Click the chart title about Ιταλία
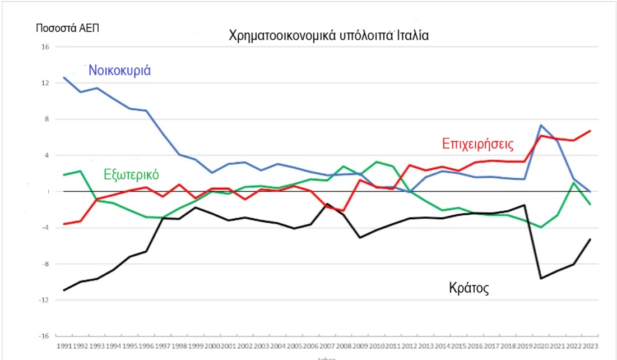click(x=328, y=35)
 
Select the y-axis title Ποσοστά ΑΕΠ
click(x=67, y=28)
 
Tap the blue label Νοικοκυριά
click(x=120, y=71)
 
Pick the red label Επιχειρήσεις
click(x=477, y=143)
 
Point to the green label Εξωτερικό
click(x=132, y=174)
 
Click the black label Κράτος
click(x=469, y=288)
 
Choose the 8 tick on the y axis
click(x=47, y=119)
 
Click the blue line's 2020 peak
click(x=541, y=125)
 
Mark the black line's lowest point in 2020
click(x=541, y=278)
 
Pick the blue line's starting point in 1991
click(x=64, y=77)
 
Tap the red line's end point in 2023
click(x=590, y=131)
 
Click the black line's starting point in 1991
click(x=64, y=290)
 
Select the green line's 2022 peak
click(x=574, y=183)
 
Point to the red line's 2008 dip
click(x=343, y=211)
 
